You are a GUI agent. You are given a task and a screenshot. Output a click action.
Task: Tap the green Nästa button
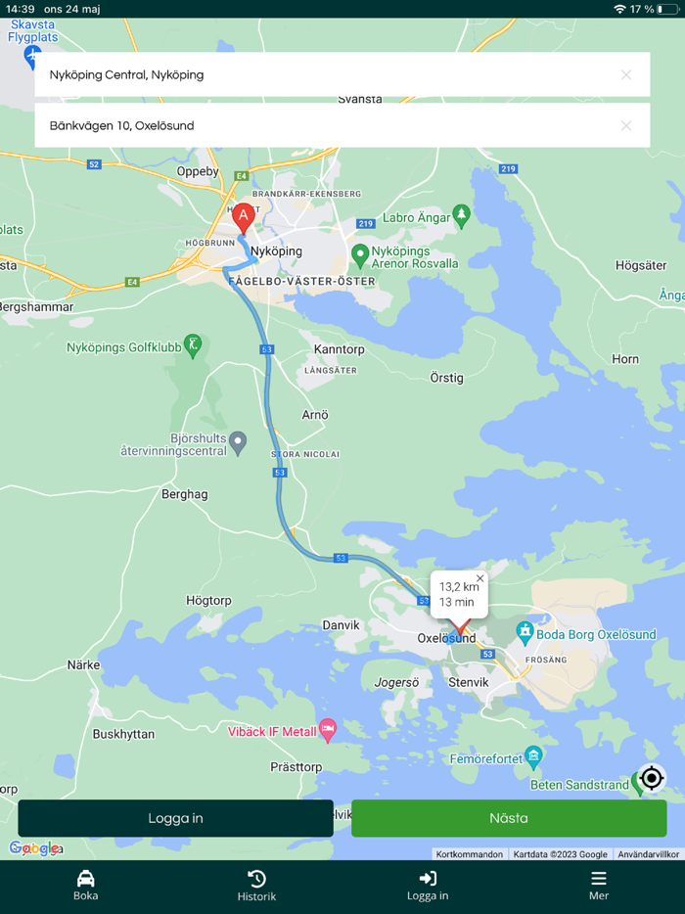pyautogui.click(x=509, y=818)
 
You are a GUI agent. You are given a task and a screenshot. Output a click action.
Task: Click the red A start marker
pyautogui.click(x=244, y=216)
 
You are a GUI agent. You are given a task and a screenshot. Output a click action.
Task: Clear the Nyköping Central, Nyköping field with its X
pyautogui.click(x=626, y=74)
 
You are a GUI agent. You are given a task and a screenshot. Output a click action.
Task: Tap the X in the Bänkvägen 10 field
pyautogui.click(x=626, y=125)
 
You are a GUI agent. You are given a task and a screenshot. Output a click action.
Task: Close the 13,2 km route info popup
pyautogui.click(x=479, y=578)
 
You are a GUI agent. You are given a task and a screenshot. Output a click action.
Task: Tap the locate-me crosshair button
pyautogui.click(x=652, y=778)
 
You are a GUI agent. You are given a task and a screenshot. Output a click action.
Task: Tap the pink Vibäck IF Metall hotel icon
pyautogui.click(x=328, y=729)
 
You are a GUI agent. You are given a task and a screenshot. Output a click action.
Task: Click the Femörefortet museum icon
pyautogui.click(x=533, y=755)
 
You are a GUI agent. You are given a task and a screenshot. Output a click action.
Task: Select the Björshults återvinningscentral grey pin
pyautogui.click(x=237, y=443)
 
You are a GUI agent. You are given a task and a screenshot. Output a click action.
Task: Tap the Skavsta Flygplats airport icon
pyautogui.click(x=32, y=55)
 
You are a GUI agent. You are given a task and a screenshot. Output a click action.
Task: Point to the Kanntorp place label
pyautogui.click(x=339, y=349)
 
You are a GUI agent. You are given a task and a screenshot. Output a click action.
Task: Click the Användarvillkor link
pyautogui.click(x=648, y=854)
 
